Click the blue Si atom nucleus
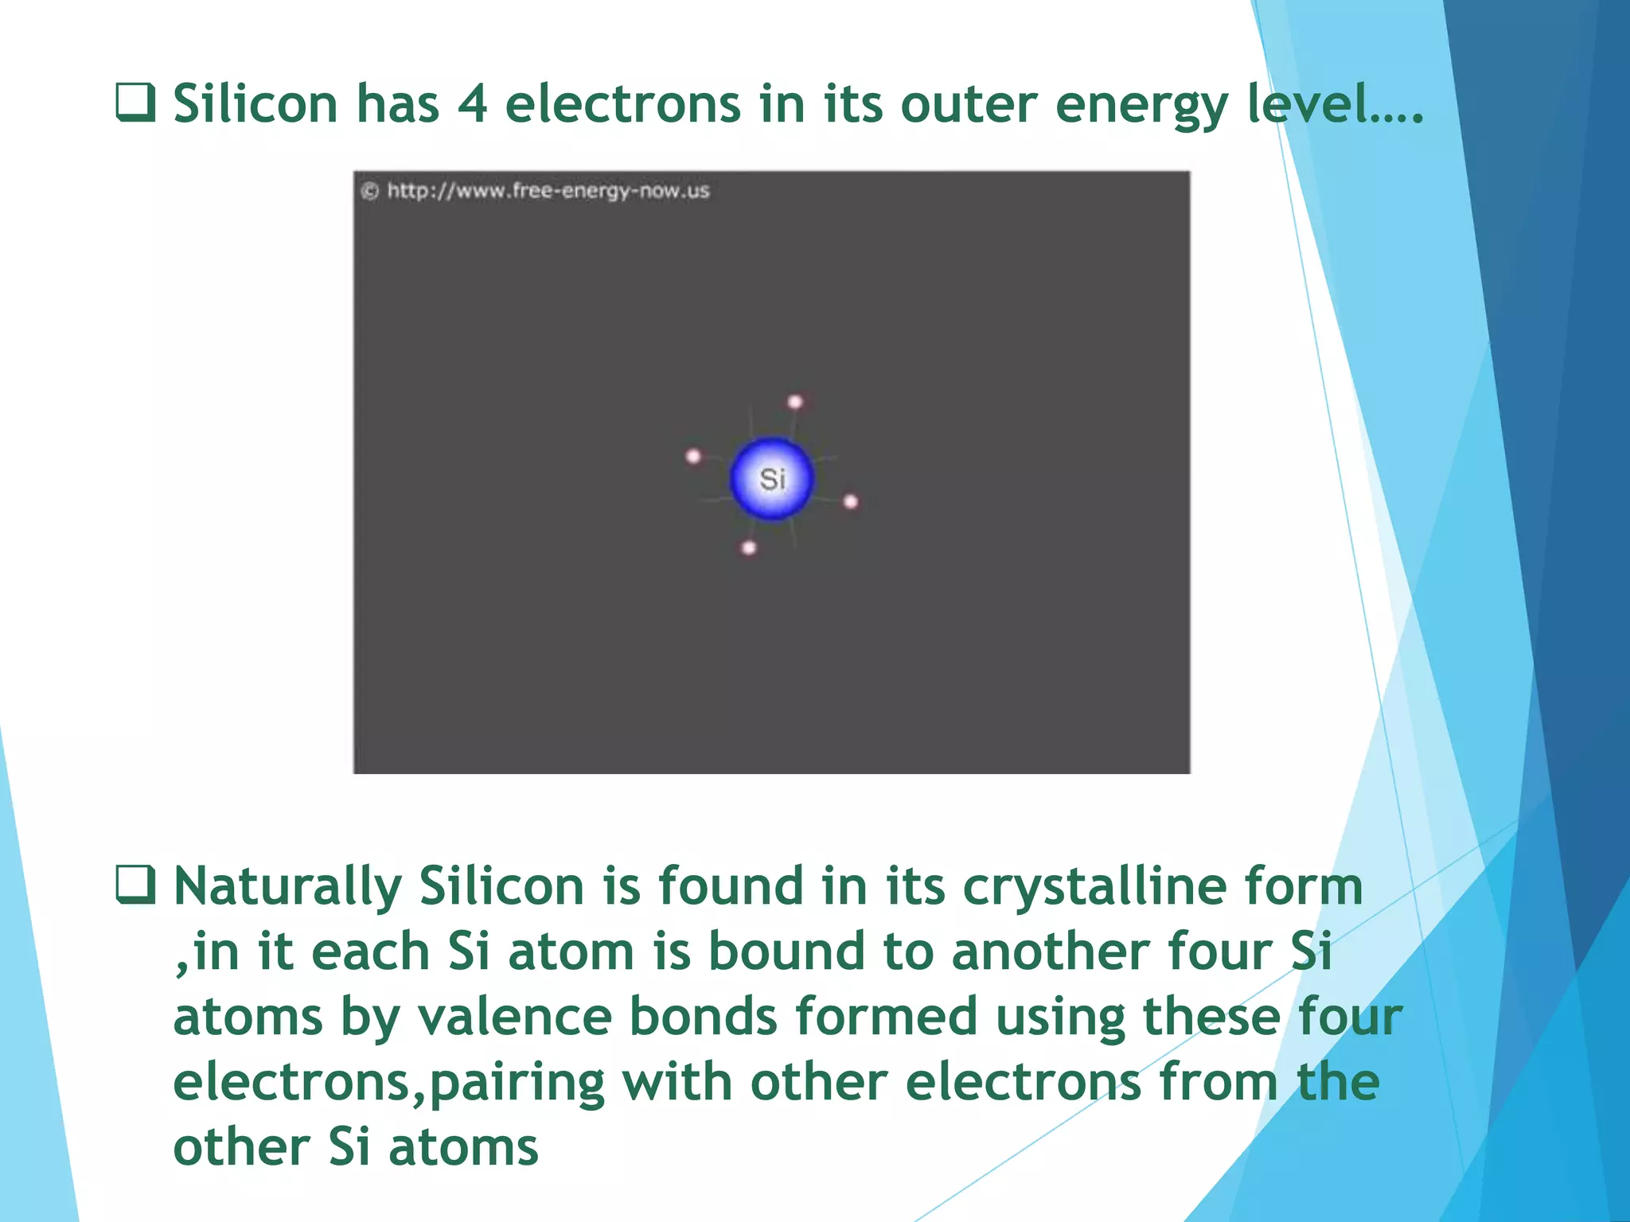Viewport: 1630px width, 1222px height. click(771, 479)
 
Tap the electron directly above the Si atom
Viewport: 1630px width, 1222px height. click(795, 402)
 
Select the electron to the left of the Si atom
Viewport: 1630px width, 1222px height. click(693, 456)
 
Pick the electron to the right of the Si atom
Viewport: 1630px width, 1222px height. click(851, 501)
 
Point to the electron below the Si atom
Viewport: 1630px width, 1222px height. click(749, 548)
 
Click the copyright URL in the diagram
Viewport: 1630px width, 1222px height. click(548, 191)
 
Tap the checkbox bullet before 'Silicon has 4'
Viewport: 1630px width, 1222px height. click(135, 103)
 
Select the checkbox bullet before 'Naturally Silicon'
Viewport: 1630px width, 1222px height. click(135, 885)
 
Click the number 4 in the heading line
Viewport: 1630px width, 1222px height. click(472, 103)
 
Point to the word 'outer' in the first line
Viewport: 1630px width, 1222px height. click(969, 103)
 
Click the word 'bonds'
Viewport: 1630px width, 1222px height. click(703, 1017)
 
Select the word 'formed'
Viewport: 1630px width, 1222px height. click(886, 1017)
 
